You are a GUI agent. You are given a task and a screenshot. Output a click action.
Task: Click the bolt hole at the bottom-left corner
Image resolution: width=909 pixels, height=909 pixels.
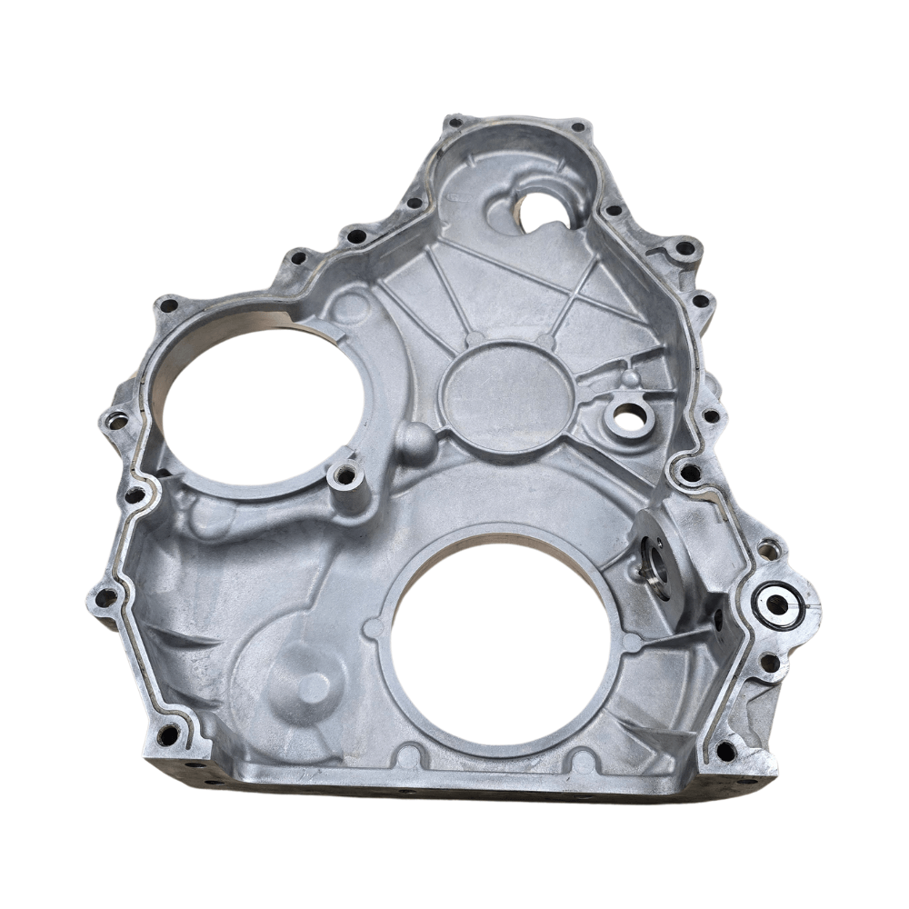click(167, 734)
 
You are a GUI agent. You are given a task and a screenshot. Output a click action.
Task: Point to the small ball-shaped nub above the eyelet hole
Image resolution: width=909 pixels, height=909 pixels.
click(628, 375)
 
